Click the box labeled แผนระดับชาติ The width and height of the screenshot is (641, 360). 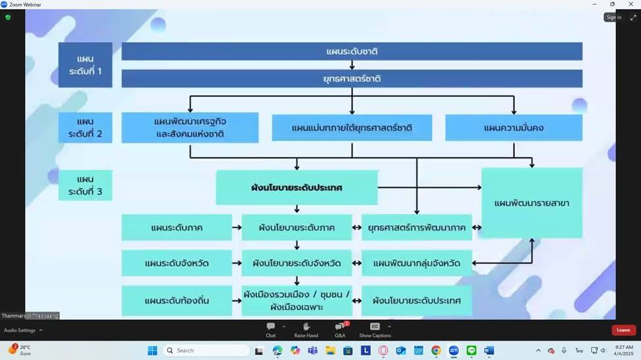click(x=352, y=51)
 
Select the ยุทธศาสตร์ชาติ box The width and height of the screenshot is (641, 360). click(x=352, y=79)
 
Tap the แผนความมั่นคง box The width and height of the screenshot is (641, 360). click(x=513, y=127)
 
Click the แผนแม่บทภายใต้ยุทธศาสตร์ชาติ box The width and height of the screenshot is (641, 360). click(x=352, y=127)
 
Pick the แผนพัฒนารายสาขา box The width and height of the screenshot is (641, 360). click(x=532, y=203)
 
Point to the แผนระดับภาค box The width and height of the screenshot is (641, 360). click(x=176, y=227)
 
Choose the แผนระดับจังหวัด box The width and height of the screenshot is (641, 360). click(x=176, y=263)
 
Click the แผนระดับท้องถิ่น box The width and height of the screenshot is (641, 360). click(x=176, y=301)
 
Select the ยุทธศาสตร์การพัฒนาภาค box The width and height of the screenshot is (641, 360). click(x=417, y=227)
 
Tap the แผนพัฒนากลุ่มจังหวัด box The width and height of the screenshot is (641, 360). click(x=417, y=263)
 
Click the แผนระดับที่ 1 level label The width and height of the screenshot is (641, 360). click(x=85, y=64)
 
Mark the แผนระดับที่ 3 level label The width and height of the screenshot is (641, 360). click(x=85, y=185)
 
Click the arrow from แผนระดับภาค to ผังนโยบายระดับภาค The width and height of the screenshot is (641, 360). click(x=237, y=227)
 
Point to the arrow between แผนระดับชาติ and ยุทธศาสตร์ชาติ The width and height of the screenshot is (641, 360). click(x=352, y=65)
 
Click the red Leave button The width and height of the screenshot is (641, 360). click(x=623, y=330)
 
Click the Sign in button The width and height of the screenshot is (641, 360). click(x=613, y=17)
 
